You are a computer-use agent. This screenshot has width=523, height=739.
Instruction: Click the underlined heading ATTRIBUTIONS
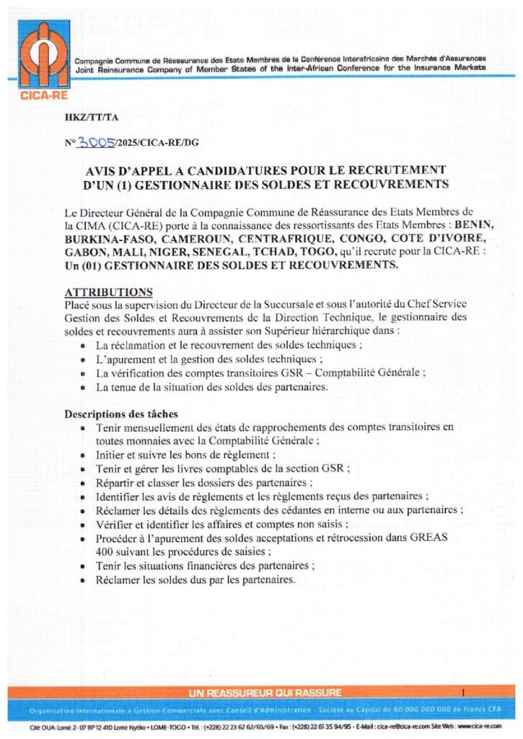[108, 292]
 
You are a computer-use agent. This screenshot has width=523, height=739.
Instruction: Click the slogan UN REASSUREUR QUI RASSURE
[265, 693]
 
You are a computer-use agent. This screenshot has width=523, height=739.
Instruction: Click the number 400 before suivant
[105, 551]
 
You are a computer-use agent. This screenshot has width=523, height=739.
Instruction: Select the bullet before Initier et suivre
[86, 455]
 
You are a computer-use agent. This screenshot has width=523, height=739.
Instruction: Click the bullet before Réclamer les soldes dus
[86, 580]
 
